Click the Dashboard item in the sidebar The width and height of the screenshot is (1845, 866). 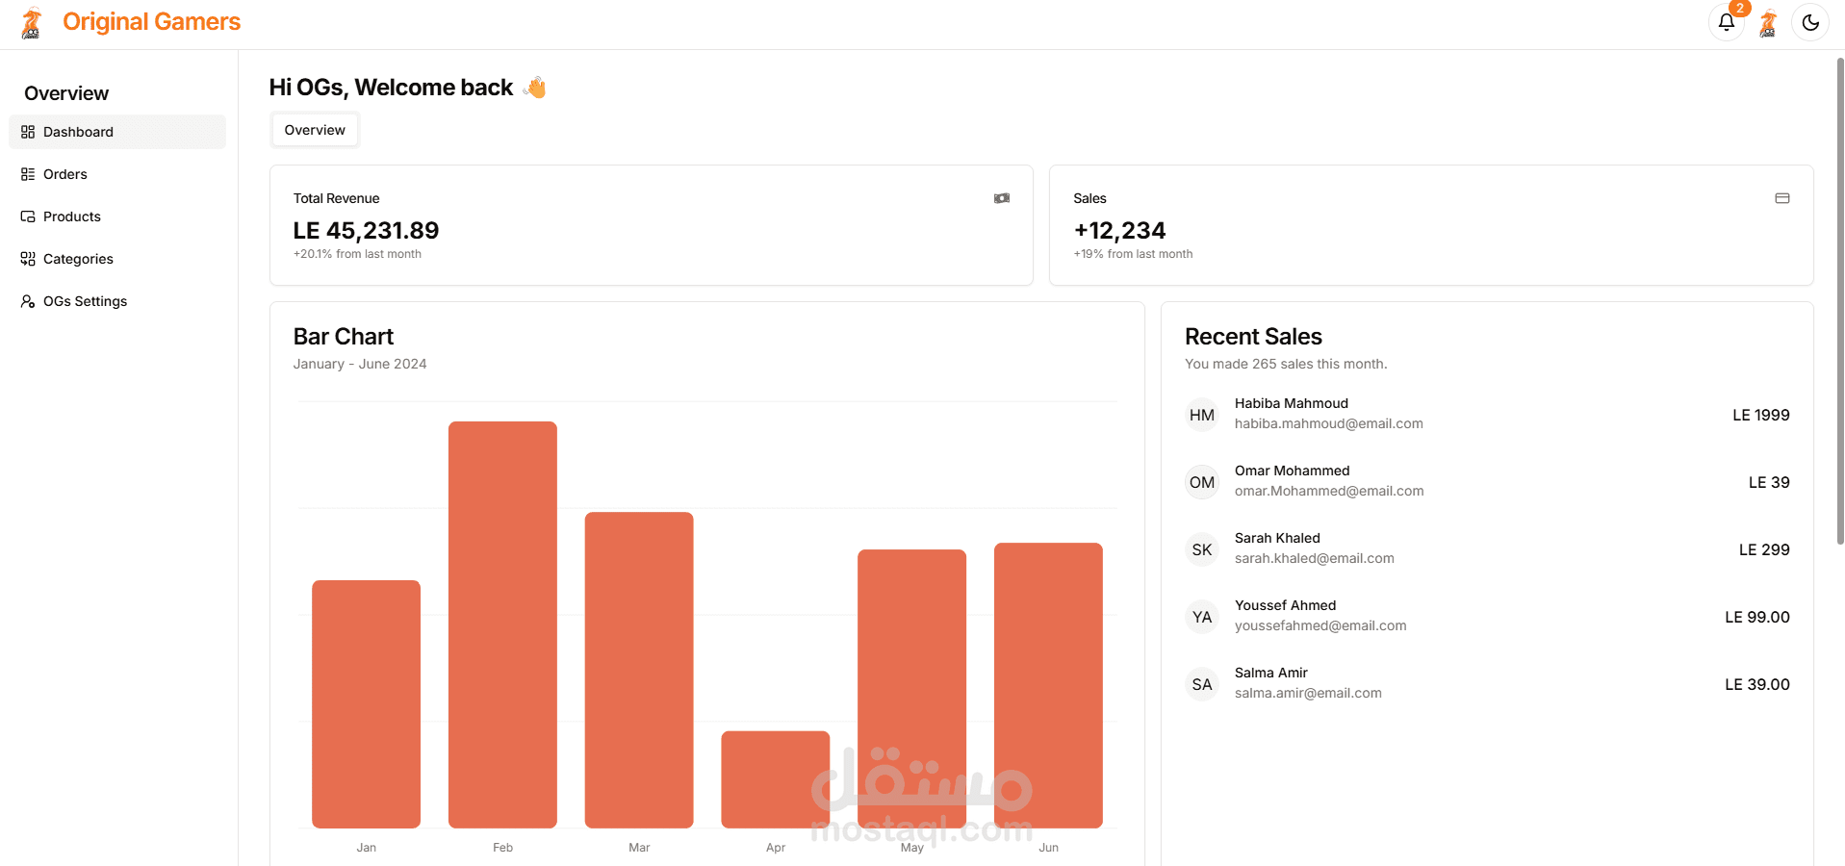pyautogui.click(x=78, y=132)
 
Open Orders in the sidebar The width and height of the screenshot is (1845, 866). pyautogui.click(x=64, y=174)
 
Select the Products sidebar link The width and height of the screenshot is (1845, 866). pyautogui.click(x=71, y=216)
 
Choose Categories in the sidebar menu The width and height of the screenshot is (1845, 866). pyautogui.click(x=77, y=259)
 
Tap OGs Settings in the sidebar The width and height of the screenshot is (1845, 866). pyautogui.click(x=85, y=301)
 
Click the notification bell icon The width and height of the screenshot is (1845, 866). pyautogui.click(x=1726, y=22)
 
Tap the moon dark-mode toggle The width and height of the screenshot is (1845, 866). pyautogui.click(x=1809, y=22)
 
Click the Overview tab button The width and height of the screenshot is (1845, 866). pyautogui.click(x=315, y=130)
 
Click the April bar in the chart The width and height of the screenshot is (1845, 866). pyautogui.click(x=775, y=778)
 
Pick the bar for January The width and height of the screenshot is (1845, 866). pyautogui.click(x=366, y=703)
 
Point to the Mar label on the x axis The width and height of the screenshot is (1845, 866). pyautogui.click(x=639, y=848)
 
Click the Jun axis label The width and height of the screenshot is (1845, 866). pyautogui.click(x=1048, y=848)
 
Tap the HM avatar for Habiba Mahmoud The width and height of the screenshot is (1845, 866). pyautogui.click(x=1201, y=415)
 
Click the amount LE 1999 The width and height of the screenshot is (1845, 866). pyautogui.click(x=1760, y=415)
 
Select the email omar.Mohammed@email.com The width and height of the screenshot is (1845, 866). pyautogui.click(x=1328, y=491)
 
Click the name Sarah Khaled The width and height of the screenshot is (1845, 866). pyautogui.click(x=1277, y=538)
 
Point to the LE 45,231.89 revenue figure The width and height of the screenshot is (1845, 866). pyautogui.click(x=366, y=231)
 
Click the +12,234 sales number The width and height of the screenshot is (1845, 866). pyautogui.click(x=1119, y=231)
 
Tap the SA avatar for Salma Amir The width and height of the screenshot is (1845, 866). pyautogui.click(x=1201, y=684)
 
